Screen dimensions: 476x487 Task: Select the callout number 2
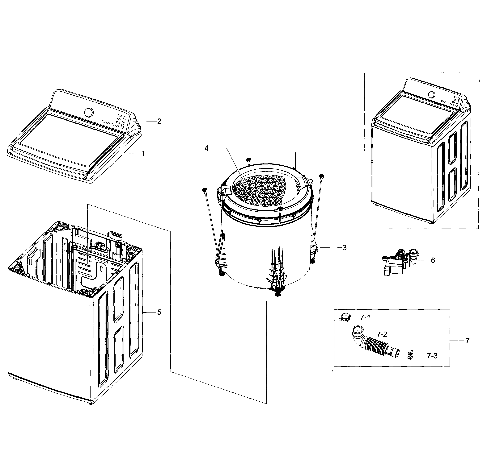click(159, 121)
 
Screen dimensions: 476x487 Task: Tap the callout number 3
click(344, 248)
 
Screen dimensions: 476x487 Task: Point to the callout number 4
click(206, 148)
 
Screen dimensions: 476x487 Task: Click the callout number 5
click(159, 312)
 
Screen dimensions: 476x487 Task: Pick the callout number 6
click(433, 260)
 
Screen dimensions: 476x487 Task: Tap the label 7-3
click(432, 356)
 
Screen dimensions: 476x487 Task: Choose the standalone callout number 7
click(467, 341)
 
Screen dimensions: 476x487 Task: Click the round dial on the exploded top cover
click(89, 112)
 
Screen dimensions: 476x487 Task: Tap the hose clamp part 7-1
click(344, 318)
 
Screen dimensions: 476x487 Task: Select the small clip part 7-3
click(410, 355)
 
